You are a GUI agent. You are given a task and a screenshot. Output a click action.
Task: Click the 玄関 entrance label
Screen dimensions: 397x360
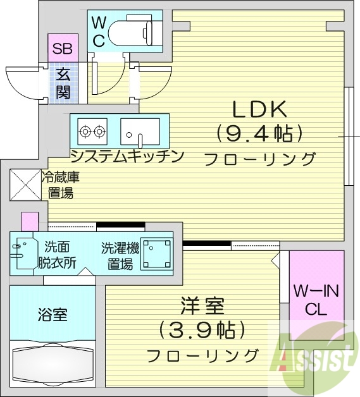coord(63,83)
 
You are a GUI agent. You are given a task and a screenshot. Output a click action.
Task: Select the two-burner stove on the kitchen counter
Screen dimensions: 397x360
coord(92,131)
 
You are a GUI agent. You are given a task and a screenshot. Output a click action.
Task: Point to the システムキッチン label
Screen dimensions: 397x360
coord(127,156)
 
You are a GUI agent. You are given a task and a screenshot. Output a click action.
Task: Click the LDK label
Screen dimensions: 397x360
coord(259,110)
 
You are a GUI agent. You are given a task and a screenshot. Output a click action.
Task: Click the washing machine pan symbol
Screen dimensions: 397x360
coord(156,252)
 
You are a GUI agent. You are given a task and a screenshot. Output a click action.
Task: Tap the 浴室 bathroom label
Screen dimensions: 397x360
coord(53,314)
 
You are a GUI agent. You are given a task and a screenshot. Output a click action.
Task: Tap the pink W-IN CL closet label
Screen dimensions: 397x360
coord(316,300)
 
